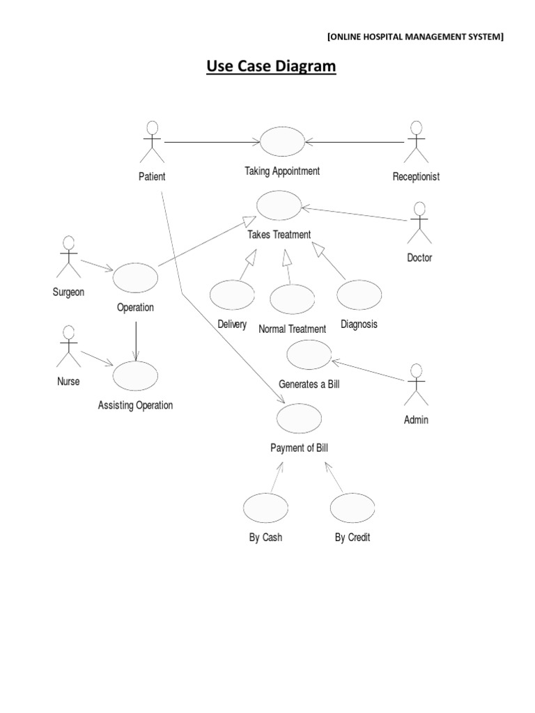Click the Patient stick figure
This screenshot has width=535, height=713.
coord(152,143)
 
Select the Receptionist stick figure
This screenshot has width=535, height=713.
coord(416,143)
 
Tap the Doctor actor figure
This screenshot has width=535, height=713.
coord(419,224)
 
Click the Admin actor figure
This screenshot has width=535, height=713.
coord(416,385)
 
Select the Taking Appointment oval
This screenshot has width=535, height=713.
coord(282,142)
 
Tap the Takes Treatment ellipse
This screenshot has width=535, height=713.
coord(279,205)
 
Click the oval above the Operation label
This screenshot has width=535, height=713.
coord(135,277)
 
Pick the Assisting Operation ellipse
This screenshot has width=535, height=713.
coord(135,376)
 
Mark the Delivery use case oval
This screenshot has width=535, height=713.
coord(231,295)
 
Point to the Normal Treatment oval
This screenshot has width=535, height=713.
coord(292,299)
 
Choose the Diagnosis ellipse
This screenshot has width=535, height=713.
coord(359,295)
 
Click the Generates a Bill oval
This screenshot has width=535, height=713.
coord(309,355)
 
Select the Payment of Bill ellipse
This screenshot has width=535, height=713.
coord(299,418)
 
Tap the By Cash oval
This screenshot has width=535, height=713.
coord(265,508)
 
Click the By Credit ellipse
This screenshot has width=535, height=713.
coord(352,508)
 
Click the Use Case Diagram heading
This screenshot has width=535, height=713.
coord(271,67)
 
